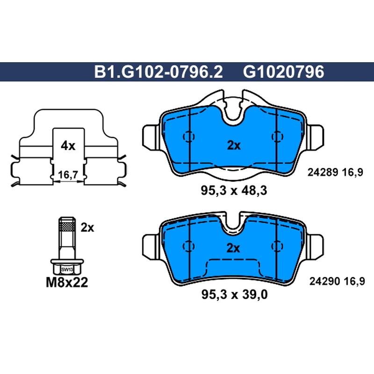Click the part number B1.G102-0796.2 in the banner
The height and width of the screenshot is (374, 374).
click(158, 72)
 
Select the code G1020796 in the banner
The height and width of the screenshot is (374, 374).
click(284, 72)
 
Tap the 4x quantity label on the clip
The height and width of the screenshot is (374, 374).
click(68, 145)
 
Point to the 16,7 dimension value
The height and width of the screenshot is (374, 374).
click(68, 175)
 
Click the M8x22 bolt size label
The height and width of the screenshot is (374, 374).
click(67, 282)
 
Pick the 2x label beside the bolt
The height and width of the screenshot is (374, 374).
click(87, 228)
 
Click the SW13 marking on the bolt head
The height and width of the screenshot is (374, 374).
click(67, 270)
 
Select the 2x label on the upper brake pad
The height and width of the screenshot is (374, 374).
click(234, 145)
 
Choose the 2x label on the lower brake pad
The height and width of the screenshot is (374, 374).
click(233, 248)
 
